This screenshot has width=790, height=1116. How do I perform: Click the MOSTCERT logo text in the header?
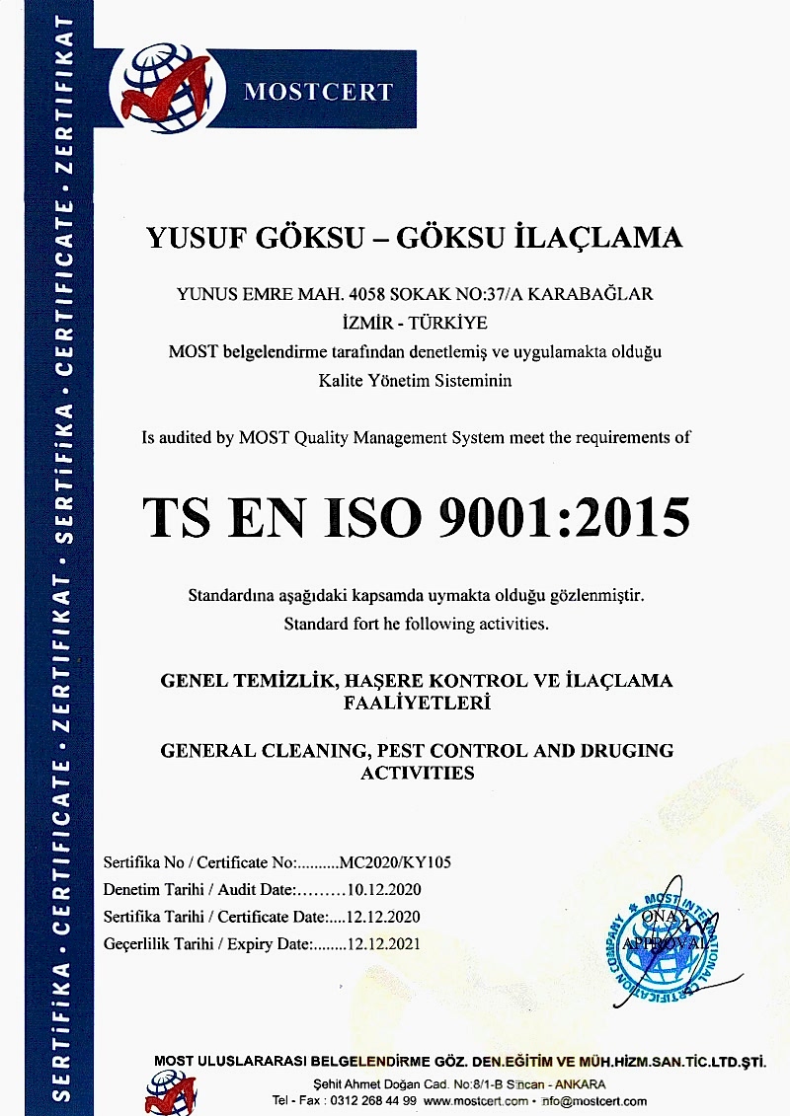tap(318, 93)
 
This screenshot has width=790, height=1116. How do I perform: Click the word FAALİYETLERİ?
tap(416, 704)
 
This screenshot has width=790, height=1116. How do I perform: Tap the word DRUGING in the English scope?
tap(622, 750)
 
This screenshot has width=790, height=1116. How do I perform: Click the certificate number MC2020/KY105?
tap(395, 861)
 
